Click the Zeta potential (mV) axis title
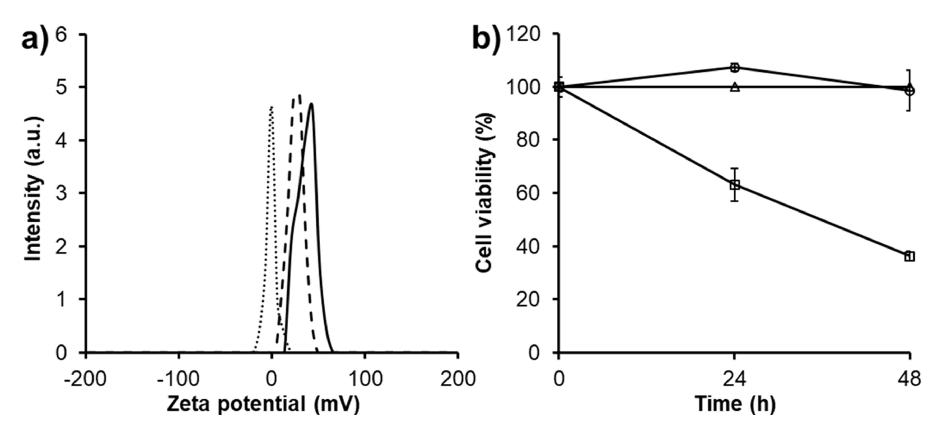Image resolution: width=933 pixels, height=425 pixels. pos(263,404)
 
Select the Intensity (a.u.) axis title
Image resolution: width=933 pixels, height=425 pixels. pos(33,189)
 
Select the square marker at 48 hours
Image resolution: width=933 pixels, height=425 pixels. pos(909,256)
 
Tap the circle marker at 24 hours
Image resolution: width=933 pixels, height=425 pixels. pos(734,67)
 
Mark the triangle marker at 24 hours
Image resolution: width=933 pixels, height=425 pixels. pos(734,87)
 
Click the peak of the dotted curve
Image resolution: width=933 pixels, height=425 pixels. pos(271,107)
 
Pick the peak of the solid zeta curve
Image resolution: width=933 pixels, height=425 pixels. pos(311,104)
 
